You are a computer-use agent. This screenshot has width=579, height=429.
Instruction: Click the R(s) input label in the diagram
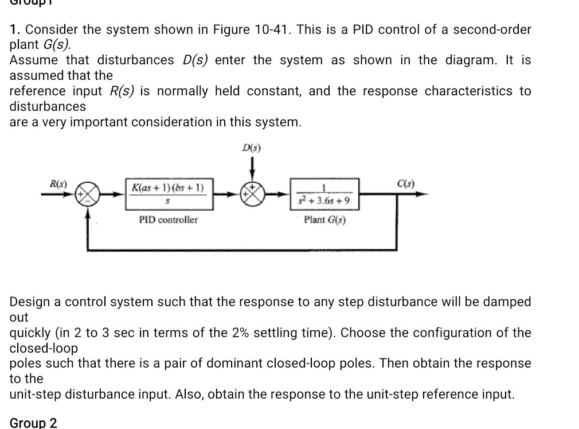click(x=58, y=184)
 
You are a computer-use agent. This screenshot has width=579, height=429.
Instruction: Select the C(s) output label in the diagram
click(x=406, y=184)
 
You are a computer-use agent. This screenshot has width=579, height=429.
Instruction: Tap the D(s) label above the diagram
click(x=251, y=148)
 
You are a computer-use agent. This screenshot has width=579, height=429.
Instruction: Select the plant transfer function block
click(x=325, y=195)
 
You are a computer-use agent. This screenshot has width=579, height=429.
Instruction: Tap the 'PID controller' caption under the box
click(x=169, y=220)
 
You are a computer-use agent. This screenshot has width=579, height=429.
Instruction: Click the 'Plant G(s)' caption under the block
click(x=324, y=220)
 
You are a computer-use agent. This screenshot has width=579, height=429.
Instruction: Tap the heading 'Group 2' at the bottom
click(x=33, y=423)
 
